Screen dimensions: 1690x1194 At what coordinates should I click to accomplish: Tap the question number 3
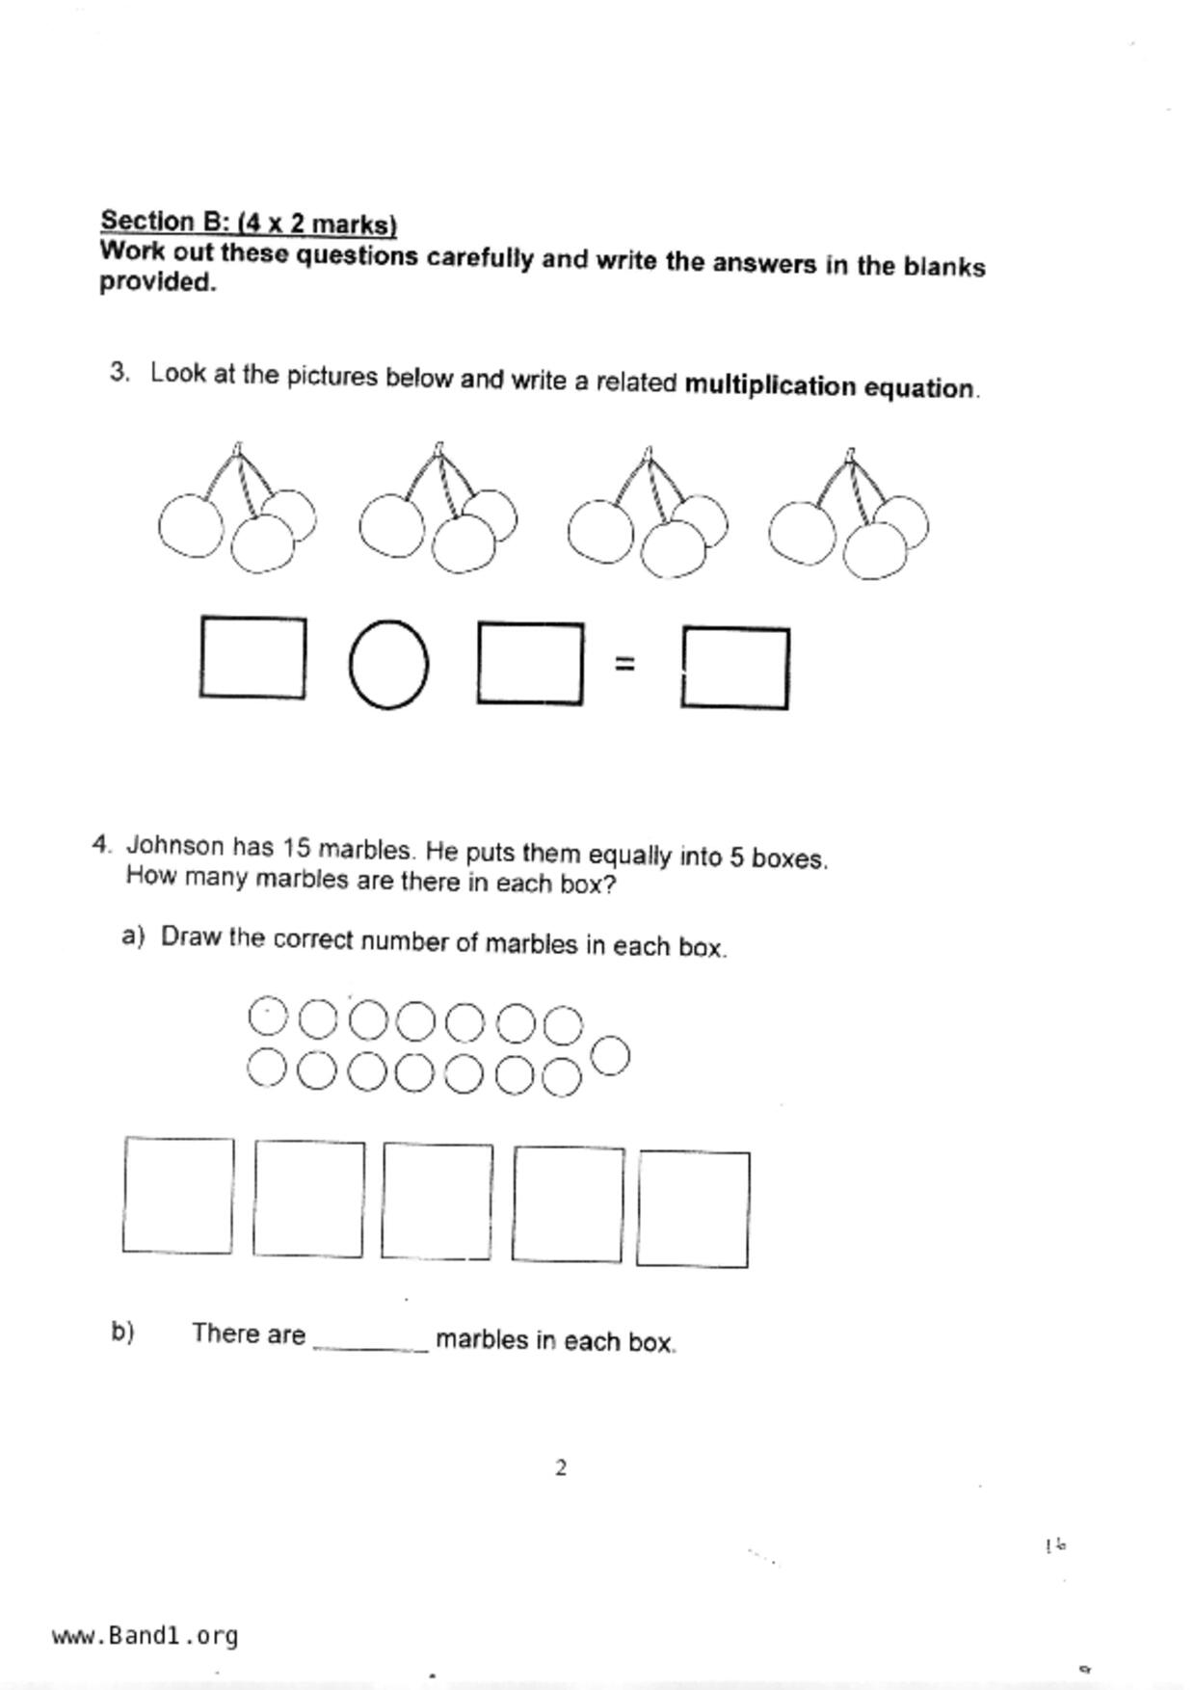pos(119,372)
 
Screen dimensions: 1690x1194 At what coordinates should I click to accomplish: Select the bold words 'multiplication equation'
pos(830,386)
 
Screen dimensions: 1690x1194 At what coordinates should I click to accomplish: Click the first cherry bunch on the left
pos(236,511)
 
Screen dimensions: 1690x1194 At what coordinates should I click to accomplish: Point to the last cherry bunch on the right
pos(849,515)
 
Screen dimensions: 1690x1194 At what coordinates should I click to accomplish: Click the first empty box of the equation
pos(252,657)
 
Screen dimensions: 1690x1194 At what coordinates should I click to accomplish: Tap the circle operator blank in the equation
pos(388,665)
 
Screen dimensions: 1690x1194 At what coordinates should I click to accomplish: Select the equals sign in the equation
pos(624,663)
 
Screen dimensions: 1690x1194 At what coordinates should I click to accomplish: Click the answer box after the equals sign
pos(735,668)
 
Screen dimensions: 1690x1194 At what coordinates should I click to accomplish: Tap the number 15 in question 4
pos(296,848)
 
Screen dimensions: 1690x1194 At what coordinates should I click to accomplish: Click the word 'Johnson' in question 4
pos(175,846)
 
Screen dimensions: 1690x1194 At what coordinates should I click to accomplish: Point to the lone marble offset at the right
pos(610,1056)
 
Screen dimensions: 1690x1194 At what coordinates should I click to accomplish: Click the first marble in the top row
pos(267,1015)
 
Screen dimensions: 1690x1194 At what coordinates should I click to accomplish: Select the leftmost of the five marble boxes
pos(178,1195)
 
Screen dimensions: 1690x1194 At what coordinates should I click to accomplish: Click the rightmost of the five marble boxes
pos(693,1208)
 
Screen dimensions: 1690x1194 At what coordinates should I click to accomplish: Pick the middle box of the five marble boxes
pos(437,1201)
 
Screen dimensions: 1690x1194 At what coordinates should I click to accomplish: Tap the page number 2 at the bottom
pos(561,1467)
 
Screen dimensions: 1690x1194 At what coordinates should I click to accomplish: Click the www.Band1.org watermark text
pos(145,1636)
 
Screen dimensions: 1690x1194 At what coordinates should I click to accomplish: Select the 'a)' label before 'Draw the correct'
pos(133,936)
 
